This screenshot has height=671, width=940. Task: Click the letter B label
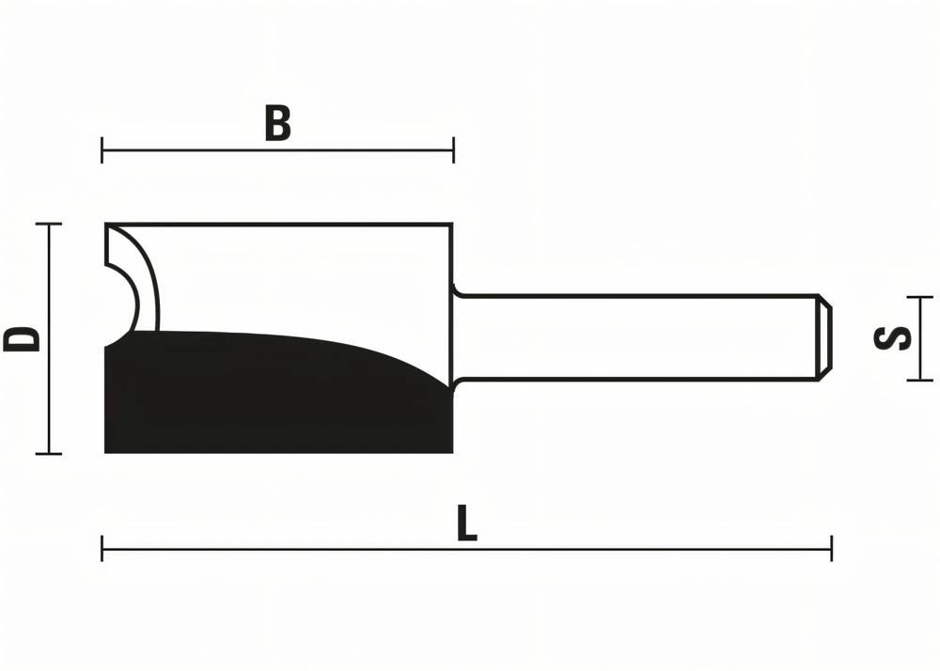[x=277, y=124]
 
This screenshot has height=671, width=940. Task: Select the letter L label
[x=466, y=524]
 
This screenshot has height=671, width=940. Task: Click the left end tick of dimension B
[x=102, y=149]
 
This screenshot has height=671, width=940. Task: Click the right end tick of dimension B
[x=454, y=149]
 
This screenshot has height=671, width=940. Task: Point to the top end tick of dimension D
[x=48, y=225]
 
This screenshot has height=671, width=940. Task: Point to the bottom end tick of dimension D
[x=48, y=454]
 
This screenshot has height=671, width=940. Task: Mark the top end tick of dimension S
[x=919, y=297]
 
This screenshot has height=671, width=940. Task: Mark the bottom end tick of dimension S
[x=919, y=380]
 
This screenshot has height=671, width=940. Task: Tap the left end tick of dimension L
[x=102, y=548]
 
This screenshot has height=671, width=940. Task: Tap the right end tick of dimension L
[x=831, y=548]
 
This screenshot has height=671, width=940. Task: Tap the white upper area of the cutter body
[x=301, y=277]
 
